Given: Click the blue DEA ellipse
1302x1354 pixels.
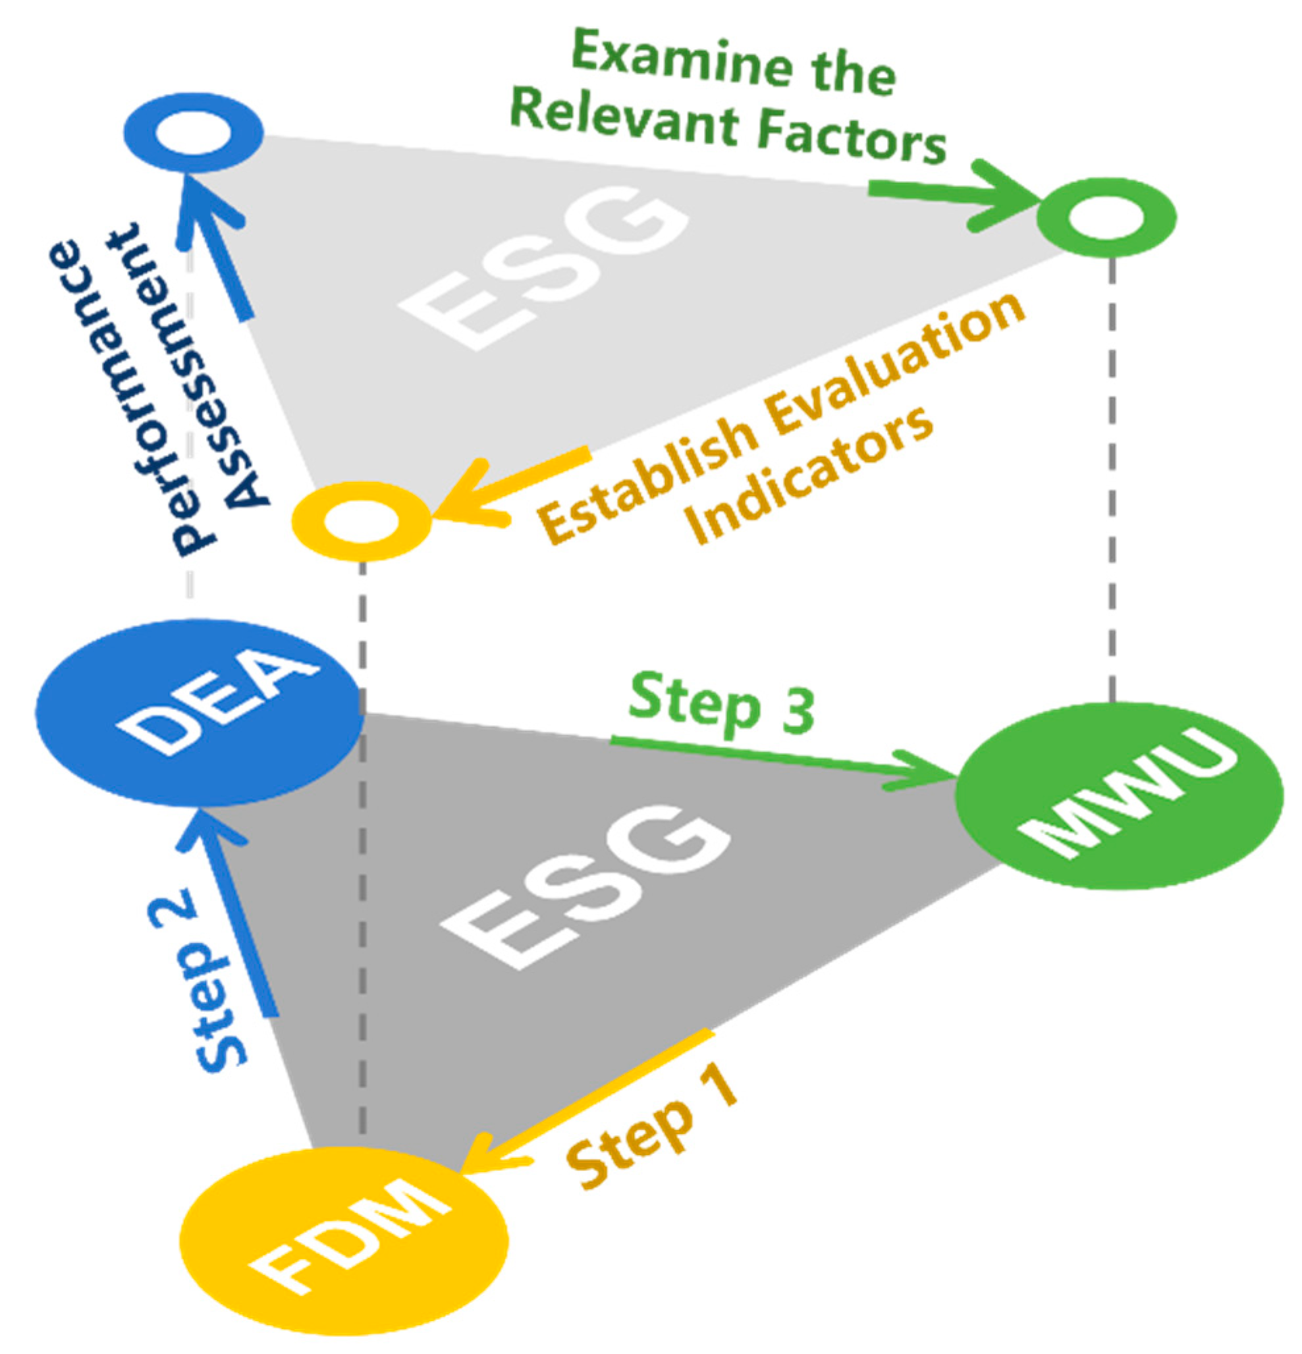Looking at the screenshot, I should tap(199, 711).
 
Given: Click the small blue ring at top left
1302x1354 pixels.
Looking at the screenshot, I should tap(194, 132).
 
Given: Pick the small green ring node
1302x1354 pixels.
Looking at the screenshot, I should tap(1106, 217).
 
